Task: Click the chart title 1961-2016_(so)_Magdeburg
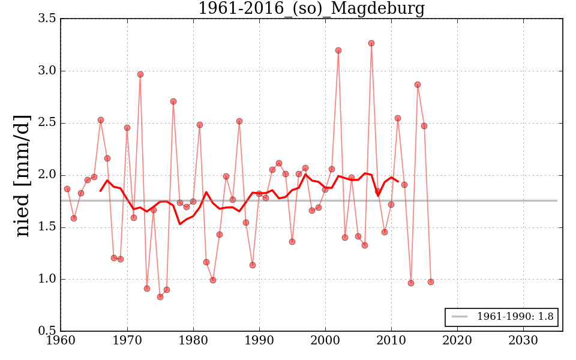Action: pyautogui.click(x=311, y=8)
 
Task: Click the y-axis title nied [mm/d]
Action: pyautogui.click(x=22, y=175)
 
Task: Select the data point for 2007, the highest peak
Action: pyautogui.click(x=371, y=43)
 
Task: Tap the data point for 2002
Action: pyautogui.click(x=338, y=50)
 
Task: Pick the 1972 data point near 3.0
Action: pyautogui.click(x=140, y=74)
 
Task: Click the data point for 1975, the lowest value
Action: pyautogui.click(x=160, y=297)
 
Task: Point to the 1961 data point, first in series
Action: pyautogui.click(x=67, y=189)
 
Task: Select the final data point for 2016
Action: pyautogui.click(x=431, y=282)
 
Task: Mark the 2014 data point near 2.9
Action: pyautogui.click(x=418, y=85)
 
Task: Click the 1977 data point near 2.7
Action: pyautogui.click(x=173, y=101)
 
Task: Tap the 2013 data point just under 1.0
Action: pyautogui.click(x=411, y=283)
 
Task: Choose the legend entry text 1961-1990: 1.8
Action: pyautogui.click(x=515, y=317)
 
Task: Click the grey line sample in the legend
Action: pyautogui.click(x=460, y=317)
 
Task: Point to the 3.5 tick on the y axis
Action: pyautogui.click(x=47, y=19)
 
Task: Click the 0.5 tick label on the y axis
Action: pyautogui.click(x=47, y=331)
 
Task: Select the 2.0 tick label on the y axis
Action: pyautogui.click(x=47, y=175)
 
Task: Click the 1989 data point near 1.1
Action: pyautogui.click(x=253, y=265)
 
